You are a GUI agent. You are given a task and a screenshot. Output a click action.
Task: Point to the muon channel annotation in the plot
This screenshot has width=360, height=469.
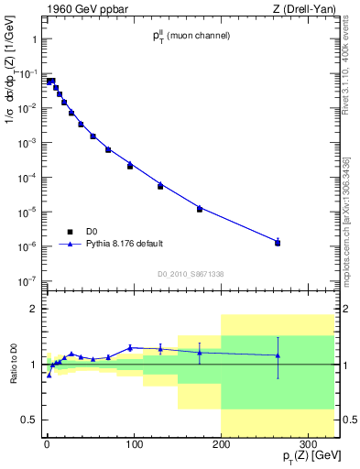(x=191, y=36)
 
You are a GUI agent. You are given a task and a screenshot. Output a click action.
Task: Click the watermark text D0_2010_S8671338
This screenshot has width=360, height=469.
(x=191, y=274)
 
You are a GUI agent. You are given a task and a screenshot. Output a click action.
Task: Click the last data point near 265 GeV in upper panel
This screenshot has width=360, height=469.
(x=278, y=243)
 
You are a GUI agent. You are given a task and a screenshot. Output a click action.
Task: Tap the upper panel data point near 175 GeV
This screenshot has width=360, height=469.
(x=200, y=209)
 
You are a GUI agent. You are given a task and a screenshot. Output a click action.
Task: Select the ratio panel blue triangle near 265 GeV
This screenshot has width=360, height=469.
(x=278, y=355)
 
